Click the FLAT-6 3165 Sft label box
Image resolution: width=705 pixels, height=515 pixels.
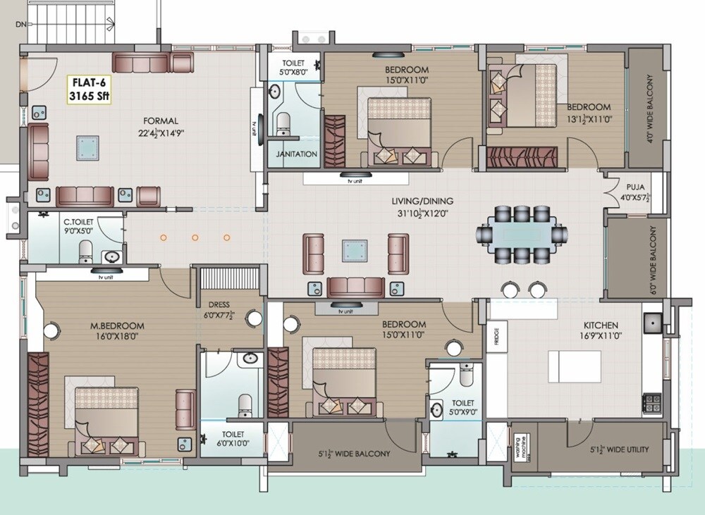click(x=89, y=89)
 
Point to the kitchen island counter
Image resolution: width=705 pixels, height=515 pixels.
click(x=575, y=366)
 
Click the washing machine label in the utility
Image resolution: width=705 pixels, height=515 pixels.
click(x=522, y=449)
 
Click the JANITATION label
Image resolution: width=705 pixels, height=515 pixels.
click(x=296, y=154)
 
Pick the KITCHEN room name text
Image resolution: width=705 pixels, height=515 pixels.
click(x=600, y=325)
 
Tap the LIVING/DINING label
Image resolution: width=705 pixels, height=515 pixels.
click(x=422, y=201)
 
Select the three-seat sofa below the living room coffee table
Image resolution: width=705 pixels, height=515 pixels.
click(x=355, y=286)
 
